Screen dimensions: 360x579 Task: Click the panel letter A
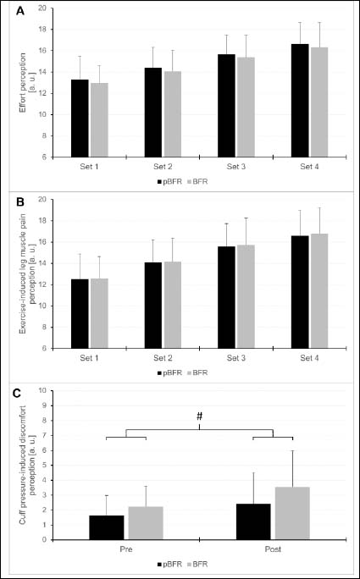[x=20, y=12]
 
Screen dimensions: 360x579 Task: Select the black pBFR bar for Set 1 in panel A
[x=80, y=119]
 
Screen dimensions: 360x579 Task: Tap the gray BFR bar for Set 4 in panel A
[x=319, y=102]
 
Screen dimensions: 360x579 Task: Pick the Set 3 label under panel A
[x=236, y=167]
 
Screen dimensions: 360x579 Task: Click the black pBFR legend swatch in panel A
[x=159, y=182]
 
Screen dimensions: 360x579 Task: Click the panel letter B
[x=20, y=202]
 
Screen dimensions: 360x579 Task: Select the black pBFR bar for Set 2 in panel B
[x=153, y=306]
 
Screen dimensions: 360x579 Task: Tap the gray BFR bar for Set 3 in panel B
[x=246, y=296]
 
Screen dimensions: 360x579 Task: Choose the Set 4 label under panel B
[x=310, y=358]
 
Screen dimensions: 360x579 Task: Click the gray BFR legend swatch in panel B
[x=190, y=373]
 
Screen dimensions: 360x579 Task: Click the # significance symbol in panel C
[x=200, y=416]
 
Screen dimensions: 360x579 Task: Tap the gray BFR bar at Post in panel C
[x=292, y=514]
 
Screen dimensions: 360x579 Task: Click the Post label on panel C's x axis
[x=273, y=550]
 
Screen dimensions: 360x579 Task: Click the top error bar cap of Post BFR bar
[x=292, y=450]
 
